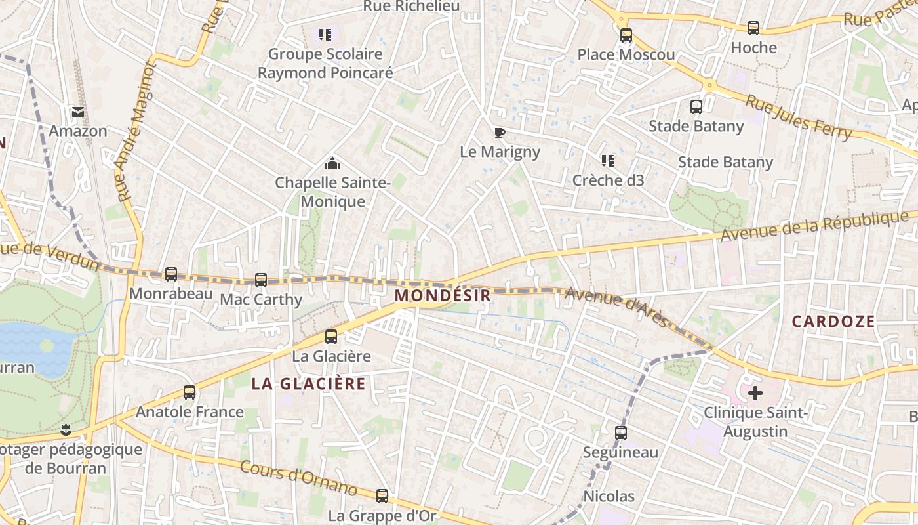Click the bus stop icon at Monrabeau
coord(171,274)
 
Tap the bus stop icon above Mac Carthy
coord(261,280)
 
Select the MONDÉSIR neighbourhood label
coord(443,295)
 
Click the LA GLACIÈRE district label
coord(309,383)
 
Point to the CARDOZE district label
coord(833,321)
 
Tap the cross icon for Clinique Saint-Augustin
coord(755,393)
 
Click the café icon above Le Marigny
coord(500,133)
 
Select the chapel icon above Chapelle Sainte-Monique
coord(332,163)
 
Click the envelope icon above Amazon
coord(78,112)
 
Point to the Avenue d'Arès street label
coord(616,307)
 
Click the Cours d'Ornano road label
coord(299,477)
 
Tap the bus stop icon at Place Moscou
coord(626,35)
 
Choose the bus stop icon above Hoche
coord(753,28)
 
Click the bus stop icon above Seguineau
coord(621,433)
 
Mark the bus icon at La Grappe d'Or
coord(382,496)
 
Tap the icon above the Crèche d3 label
coord(608,161)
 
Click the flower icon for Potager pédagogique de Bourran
coord(65,430)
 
